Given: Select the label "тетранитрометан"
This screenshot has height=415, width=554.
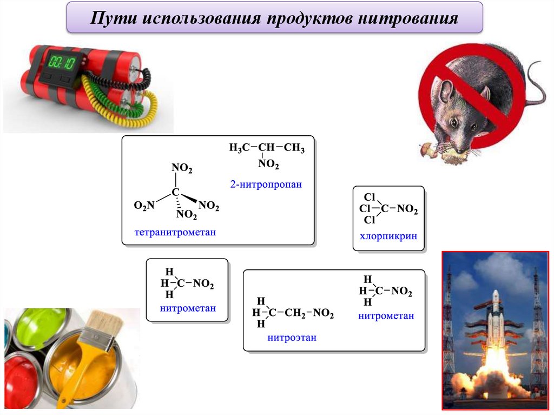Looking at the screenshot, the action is pyautogui.click(x=175, y=233).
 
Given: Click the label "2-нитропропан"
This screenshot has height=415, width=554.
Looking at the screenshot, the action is pyautogui.click(x=265, y=185).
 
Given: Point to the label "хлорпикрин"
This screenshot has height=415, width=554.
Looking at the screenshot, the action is pyautogui.click(x=388, y=236).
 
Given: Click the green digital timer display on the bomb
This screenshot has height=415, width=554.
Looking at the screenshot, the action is pyautogui.click(x=62, y=61).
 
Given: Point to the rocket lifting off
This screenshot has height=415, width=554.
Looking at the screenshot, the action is pyautogui.click(x=494, y=330).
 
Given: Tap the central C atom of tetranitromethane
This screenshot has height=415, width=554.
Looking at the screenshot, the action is pyautogui.click(x=175, y=192).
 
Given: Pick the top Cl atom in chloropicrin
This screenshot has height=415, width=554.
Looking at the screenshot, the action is pyautogui.click(x=370, y=197).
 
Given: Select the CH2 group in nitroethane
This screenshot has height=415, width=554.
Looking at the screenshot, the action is pyautogui.click(x=295, y=313).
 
